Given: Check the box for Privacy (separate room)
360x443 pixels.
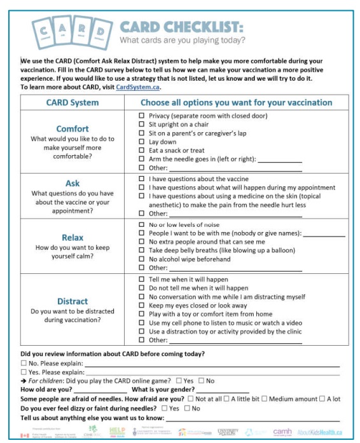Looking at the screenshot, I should pos(142,116).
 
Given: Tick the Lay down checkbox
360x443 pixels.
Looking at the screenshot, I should pos(142,142).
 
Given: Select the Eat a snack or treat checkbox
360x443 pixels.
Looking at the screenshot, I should pos(142,151).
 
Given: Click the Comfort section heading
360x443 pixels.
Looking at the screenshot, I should pos(73,128).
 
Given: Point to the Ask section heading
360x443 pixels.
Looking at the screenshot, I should pos(73,183).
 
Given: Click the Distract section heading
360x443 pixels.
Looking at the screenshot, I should pos(73,301).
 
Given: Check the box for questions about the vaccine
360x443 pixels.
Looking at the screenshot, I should pos(142,179).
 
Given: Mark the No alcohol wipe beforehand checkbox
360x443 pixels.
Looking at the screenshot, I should pos(142,259).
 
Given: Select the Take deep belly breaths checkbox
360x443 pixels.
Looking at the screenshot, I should pos(142,250).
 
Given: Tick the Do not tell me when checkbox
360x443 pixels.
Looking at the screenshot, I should pos(142,288).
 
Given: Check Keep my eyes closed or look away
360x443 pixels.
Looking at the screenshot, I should pos(142,305).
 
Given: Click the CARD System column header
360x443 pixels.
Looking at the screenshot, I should pos(73,102).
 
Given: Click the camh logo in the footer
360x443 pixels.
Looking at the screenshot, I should pos(282,432).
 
